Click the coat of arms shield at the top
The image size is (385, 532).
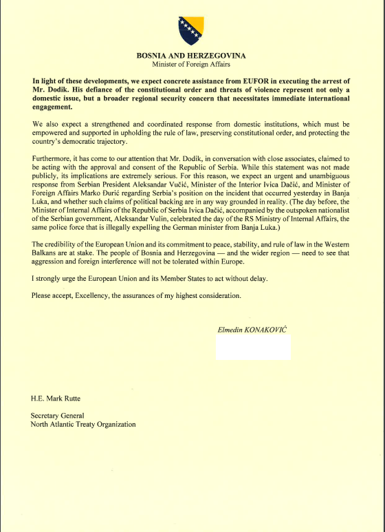tap(192, 27)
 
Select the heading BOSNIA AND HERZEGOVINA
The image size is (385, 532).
tap(192, 55)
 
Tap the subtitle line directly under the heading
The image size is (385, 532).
tap(192, 64)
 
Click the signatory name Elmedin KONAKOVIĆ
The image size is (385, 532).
tap(253, 331)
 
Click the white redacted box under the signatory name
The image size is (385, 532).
tap(253, 348)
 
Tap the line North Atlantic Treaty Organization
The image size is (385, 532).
tap(82, 425)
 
